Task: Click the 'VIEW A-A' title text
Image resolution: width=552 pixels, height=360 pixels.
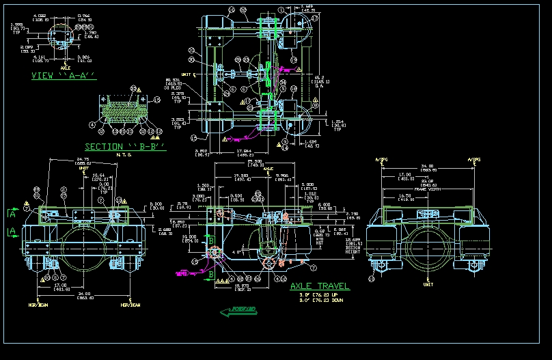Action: coord(64,76)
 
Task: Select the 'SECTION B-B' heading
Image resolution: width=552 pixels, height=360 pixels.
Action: coord(125,147)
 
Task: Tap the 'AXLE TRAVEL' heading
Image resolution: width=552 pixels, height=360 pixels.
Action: coord(319,286)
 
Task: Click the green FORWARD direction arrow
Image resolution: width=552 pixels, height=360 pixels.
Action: coord(238,311)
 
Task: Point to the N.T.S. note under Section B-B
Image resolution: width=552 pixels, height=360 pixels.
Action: coord(124,154)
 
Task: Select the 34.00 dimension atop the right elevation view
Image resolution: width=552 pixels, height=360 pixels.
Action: coord(426,166)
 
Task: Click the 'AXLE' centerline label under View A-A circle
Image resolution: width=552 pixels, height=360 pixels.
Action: coord(66,68)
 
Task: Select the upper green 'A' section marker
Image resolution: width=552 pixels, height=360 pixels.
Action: coord(12,214)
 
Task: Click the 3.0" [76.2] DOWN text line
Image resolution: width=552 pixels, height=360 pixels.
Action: coord(320,299)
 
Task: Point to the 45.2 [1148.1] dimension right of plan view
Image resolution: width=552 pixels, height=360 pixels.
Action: coord(318,79)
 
